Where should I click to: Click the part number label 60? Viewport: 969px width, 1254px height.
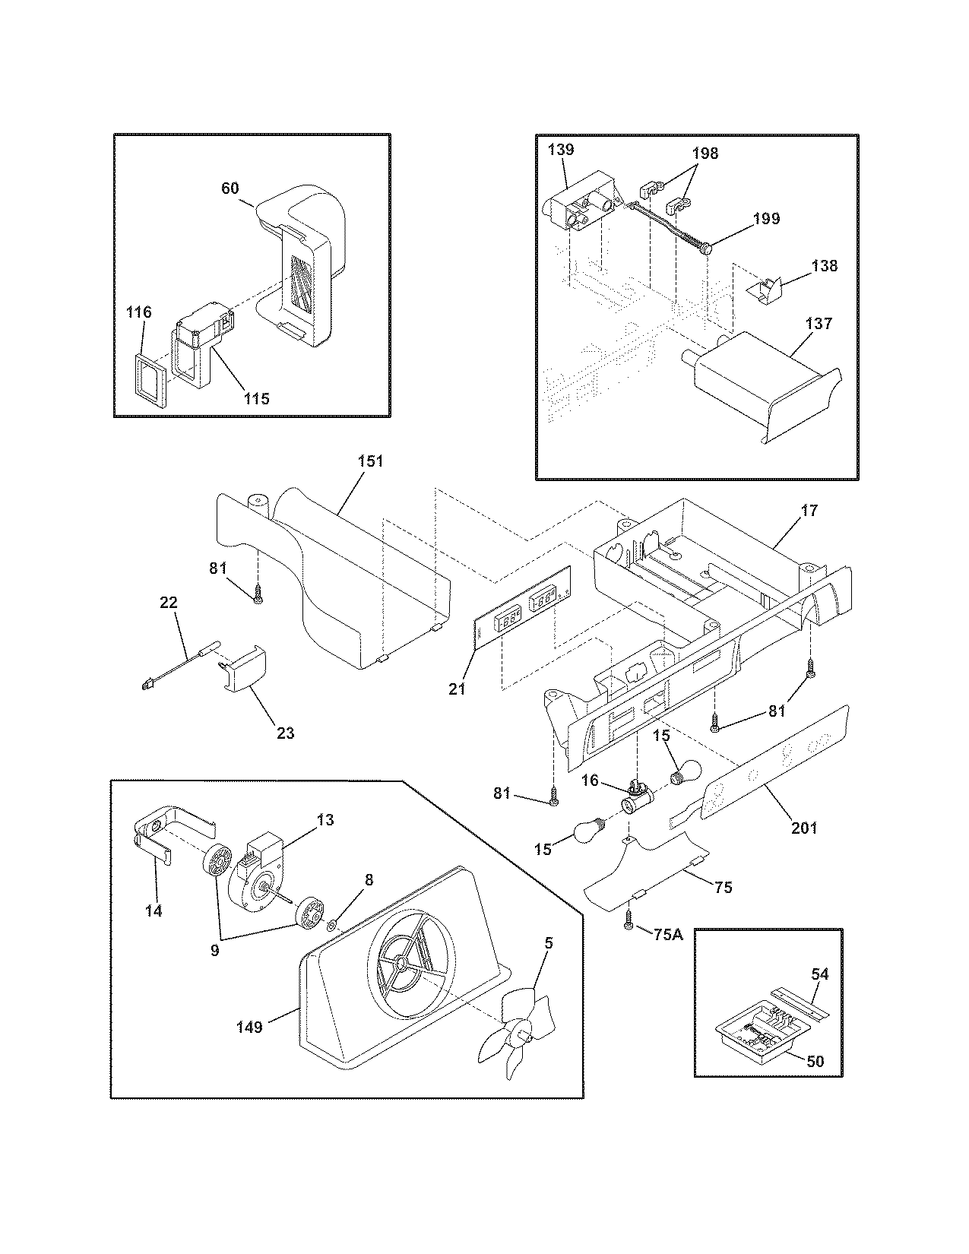coord(230,188)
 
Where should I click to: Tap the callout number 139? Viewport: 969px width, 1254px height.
coord(561,150)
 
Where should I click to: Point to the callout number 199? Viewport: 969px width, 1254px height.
coord(766,219)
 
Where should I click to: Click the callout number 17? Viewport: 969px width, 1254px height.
coord(809,511)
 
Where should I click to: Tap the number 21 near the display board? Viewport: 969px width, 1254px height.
coord(457,689)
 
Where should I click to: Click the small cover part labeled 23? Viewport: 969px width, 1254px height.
coord(247,667)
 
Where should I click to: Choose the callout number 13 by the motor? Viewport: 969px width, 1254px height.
coord(325,820)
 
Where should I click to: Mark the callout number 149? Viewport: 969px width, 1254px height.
coord(249,1028)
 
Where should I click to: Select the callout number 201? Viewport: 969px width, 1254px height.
coord(804,828)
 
